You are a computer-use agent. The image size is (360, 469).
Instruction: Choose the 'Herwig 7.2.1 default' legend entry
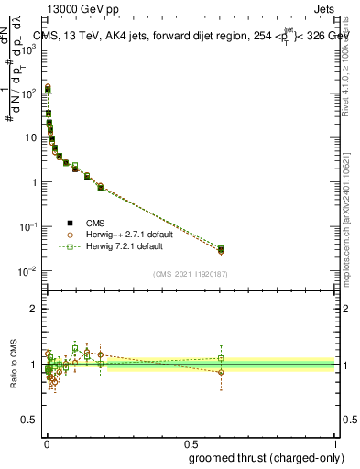pyautogui.click(x=119, y=246)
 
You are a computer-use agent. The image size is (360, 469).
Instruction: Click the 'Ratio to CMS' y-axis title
pyautogui.click(x=14, y=365)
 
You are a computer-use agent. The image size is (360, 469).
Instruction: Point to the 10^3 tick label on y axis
pyautogui.click(x=27, y=49)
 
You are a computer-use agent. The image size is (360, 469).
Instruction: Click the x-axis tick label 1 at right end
pyautogui.click(x=335, y=442)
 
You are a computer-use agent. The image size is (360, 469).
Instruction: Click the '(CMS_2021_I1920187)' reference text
pyautogui.click(x=190, y=274)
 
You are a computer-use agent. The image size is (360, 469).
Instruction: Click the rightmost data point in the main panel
pyautogui.click(x=221, y=249)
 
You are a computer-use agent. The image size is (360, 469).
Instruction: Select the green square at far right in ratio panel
pyautogui.click(x=221, y=358)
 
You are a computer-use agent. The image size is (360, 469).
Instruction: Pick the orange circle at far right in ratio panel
pyautogui.click(x=221, y=372)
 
